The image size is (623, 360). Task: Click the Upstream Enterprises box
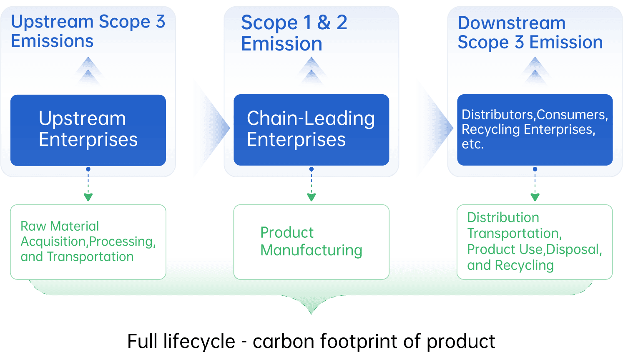click(88, 129)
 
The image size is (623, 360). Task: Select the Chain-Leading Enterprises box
click(311, 129)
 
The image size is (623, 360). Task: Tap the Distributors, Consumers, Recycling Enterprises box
click(535, 129)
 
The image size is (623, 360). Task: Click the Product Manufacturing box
click(311, 242)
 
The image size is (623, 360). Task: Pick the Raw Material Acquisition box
click(88, 242)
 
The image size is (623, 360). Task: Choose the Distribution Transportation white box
click(535, 242)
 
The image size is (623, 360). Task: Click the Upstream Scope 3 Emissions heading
click(88, 32)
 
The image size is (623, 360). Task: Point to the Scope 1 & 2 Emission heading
click(294, 33)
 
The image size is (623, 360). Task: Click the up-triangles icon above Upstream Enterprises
click(88, 73)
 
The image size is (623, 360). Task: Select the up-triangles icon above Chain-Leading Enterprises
click(311, 73)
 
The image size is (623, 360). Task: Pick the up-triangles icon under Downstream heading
click(535, 73)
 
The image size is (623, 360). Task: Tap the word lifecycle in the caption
click(199, 341)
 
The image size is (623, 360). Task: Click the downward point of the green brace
click(311, 311)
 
